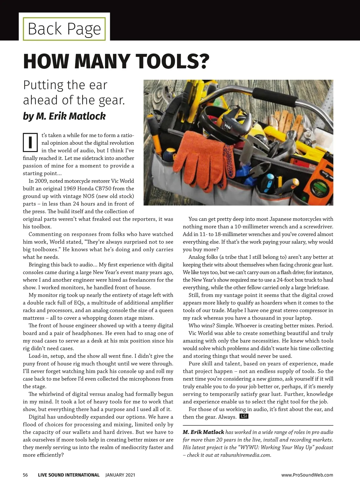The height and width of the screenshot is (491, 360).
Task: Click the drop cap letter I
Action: pyautogui.click(x=30, y=143)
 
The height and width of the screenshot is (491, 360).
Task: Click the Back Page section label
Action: pyautogui.click(x=64, y=29)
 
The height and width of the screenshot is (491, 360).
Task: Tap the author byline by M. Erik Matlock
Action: pyautogui.click(x=64, y=116)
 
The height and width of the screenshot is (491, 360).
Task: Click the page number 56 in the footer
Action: pyautogui.click(x=25, y=475)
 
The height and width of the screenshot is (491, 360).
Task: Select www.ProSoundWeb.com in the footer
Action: pyautogui.click(x=307, y=475)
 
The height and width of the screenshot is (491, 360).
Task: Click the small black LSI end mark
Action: pyautogui.click(x=244, y=416)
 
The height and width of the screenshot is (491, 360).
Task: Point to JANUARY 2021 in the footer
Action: pyautogui.click(x=120, y=475)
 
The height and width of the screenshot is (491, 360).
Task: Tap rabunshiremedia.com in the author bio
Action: pyautogui.click(x=245, y=455)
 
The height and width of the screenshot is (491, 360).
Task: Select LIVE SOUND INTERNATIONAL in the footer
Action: pyautogui.click(x=69, y=475)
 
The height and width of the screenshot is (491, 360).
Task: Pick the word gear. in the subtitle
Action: pyautogui.click(x=111, y=100)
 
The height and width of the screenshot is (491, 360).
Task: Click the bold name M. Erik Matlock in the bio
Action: pyautogui.click(x=203, y=432)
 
